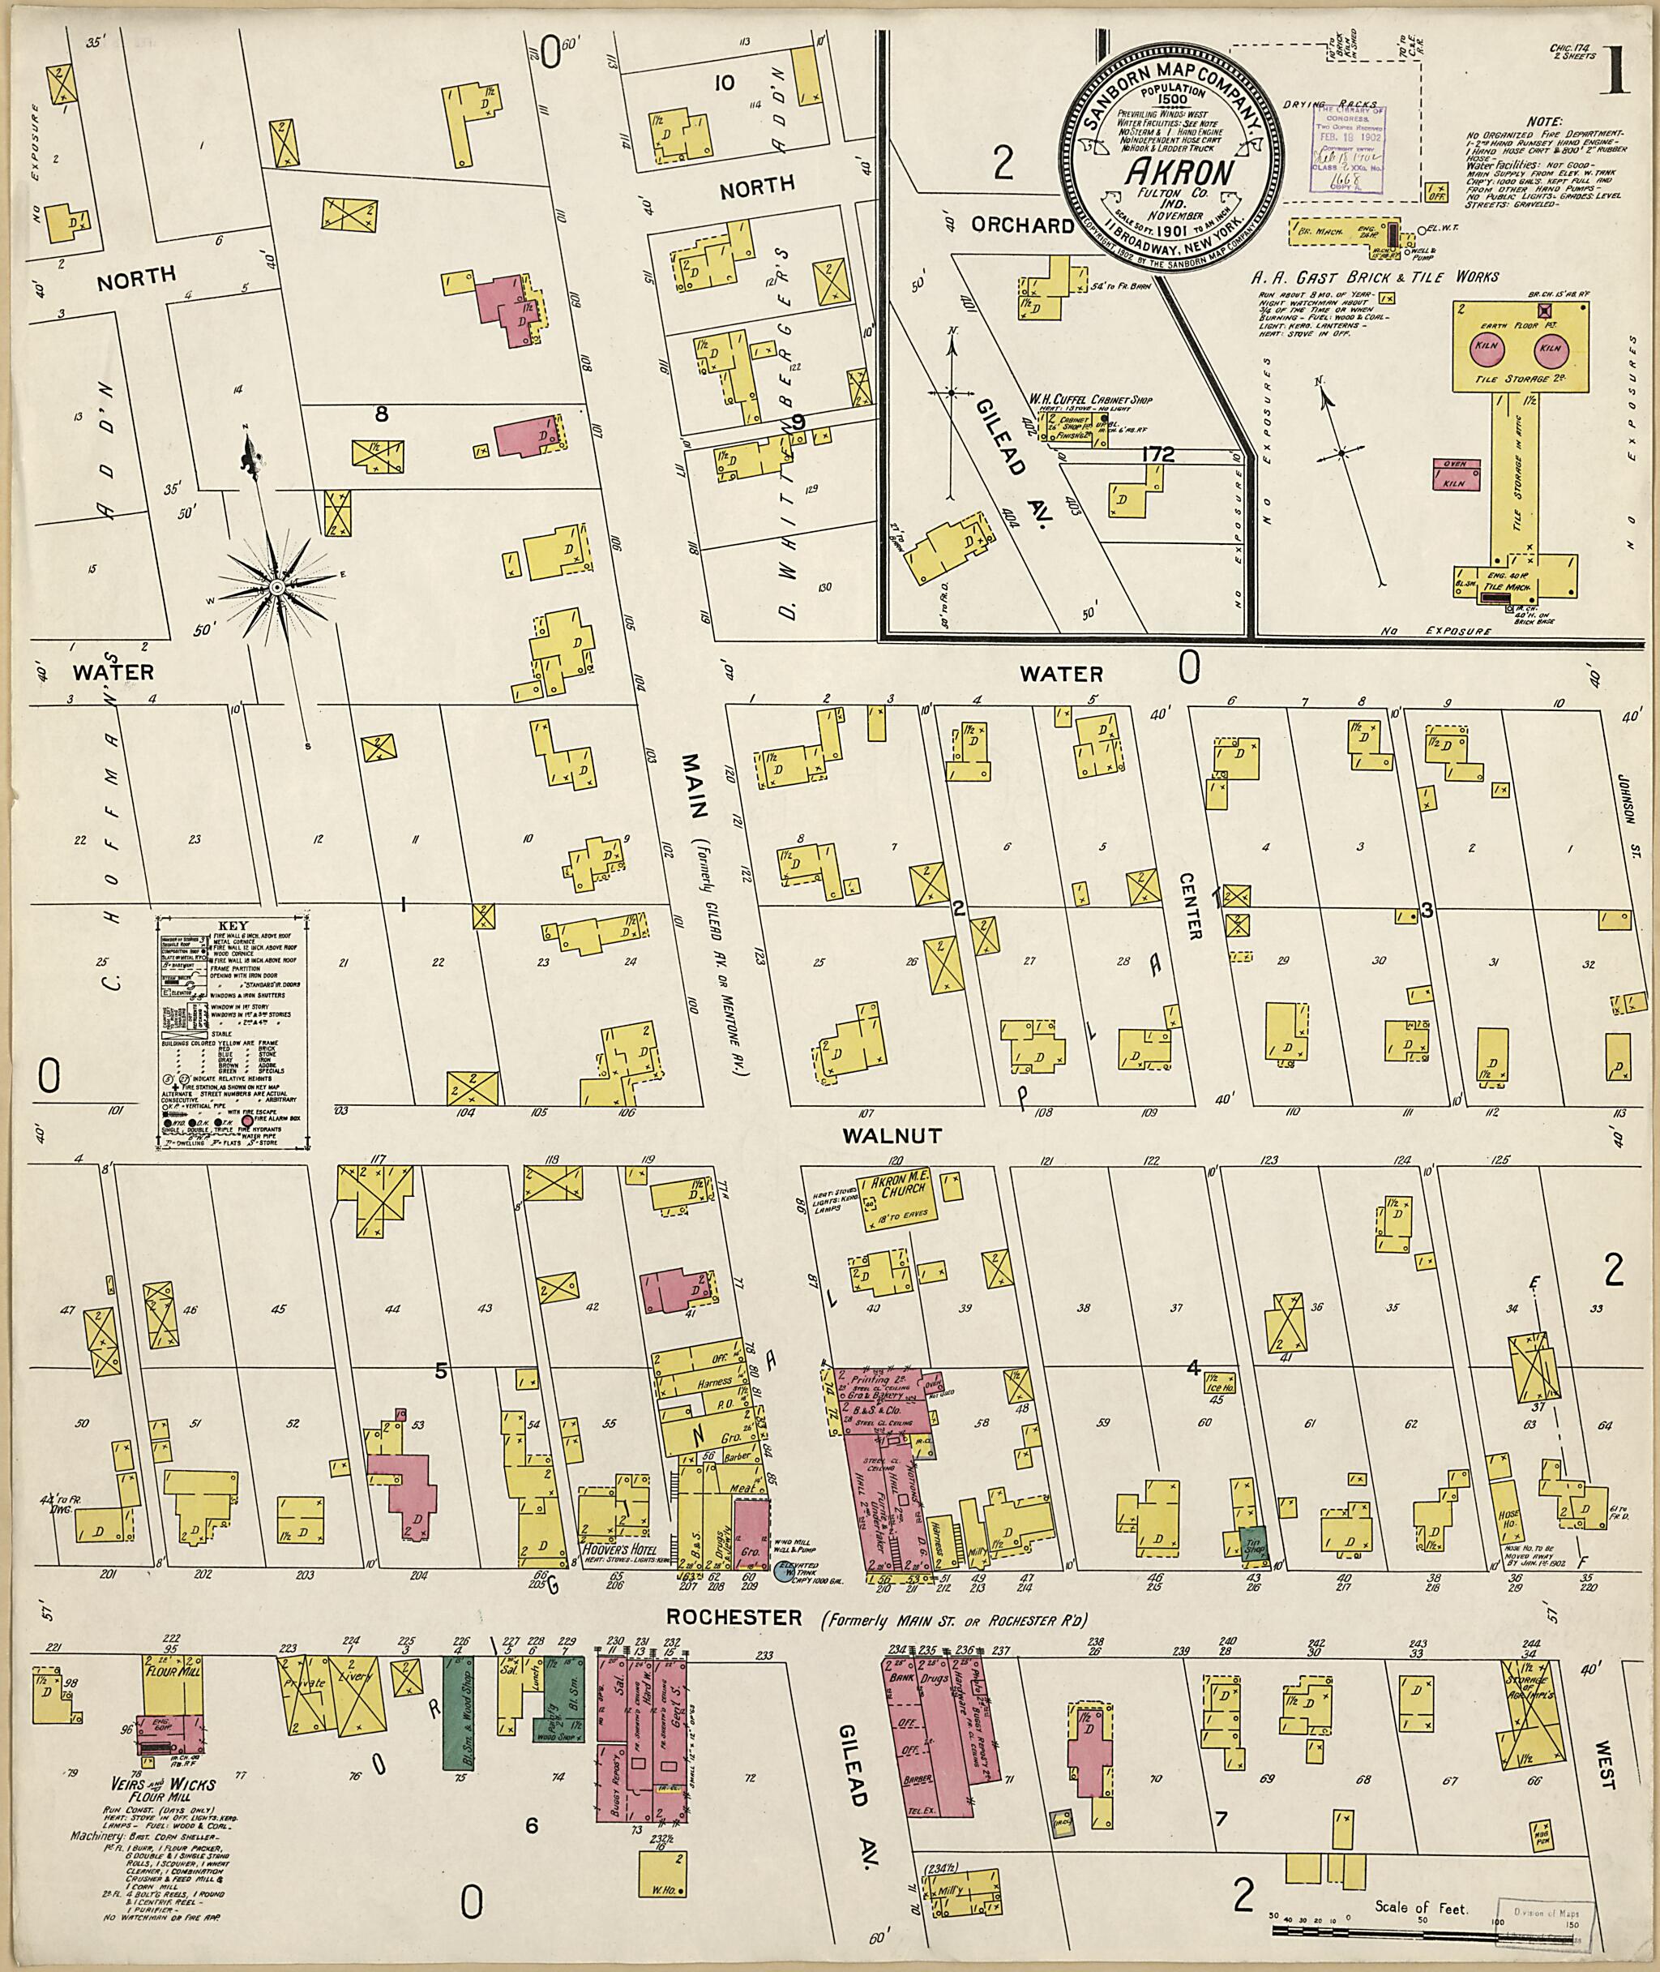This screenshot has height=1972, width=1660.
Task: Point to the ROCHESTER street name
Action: (x=735, y=1618)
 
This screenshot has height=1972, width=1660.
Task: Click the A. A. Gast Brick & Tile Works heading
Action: (x=1374, y=277)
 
